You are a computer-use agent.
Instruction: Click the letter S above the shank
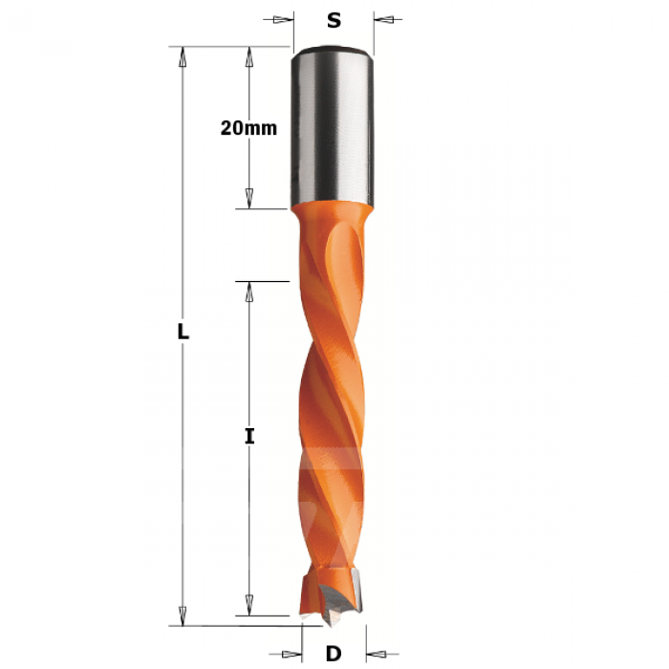334,20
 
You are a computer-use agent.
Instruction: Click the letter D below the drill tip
334,653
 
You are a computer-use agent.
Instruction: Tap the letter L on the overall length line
183,332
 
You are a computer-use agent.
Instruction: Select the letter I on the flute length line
249,437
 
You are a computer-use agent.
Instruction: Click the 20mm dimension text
248,128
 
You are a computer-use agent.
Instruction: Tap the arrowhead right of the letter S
384,20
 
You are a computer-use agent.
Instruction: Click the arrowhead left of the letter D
291,654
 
